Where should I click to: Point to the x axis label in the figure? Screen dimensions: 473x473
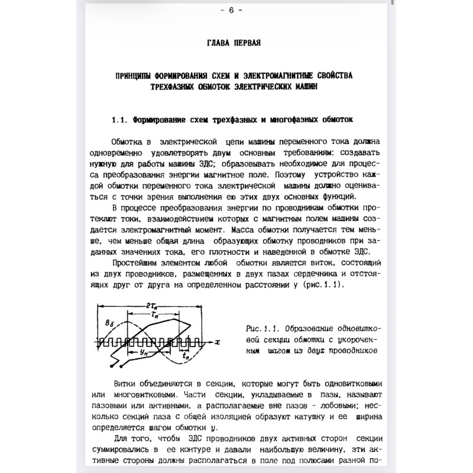pyautogui.click(x=218, y=342)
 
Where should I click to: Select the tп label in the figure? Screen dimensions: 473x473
pyautogui.click(x=185, y=357)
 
